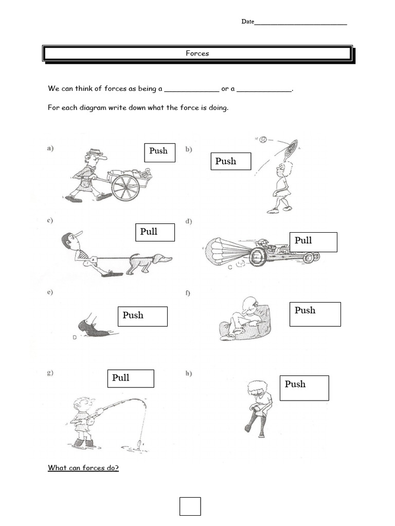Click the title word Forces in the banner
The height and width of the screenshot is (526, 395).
click(197, 53)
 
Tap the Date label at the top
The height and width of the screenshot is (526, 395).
click(248, 22)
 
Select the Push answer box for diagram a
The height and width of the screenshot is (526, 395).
click(159, 153)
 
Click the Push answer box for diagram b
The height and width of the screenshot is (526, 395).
click(230, 161)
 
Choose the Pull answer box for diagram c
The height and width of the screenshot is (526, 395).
click(155, 232)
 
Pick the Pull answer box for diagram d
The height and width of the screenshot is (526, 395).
click(313, 242)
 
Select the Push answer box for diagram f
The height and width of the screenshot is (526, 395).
click(315, 314)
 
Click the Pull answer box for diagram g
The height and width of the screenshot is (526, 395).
click(131, 379)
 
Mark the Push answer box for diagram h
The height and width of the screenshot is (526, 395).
click(304, 387)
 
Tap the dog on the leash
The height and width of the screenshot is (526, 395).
click(149, 262)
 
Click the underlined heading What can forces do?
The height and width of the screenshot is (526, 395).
click(83, 468)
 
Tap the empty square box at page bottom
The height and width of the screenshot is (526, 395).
click(190, 506)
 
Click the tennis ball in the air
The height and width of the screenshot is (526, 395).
click(263, 139)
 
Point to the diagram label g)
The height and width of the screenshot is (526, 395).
click(51, 373)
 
